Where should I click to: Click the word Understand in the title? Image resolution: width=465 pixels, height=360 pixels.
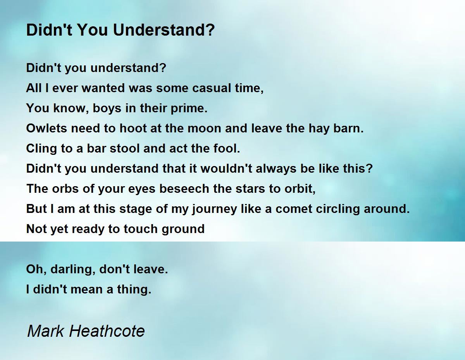164,30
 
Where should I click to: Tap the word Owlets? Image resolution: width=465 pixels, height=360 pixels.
46,128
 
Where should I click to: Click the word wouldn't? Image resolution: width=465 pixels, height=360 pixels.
226,168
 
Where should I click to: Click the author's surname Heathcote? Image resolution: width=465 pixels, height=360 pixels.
107,331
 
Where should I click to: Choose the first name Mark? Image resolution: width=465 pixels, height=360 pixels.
46,331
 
